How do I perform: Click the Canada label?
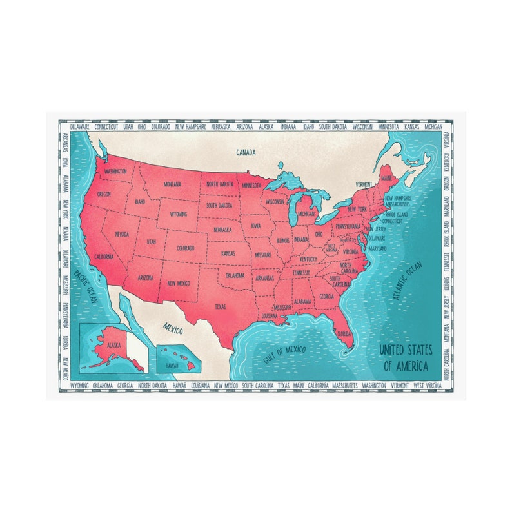coord(246,153)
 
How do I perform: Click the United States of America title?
coord(406,358)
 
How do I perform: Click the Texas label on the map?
coord(221,307)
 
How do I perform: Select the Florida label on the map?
coord(344,335)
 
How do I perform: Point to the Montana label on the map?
coord(172,184)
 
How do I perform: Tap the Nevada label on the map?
coord(121,235)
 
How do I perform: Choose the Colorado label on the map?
coord(186,248)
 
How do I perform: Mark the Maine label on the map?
coord(386,178)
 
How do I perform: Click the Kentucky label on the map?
coord(308,259)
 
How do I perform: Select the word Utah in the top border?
coord(128,127)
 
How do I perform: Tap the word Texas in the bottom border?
coord(284,386)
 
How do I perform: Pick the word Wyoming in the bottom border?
coord(79,386)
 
